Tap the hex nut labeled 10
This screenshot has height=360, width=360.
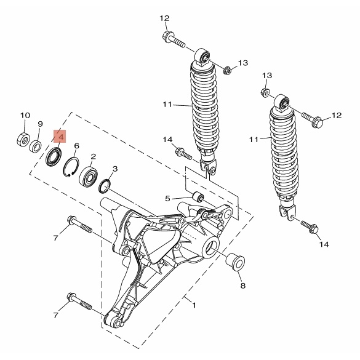23,138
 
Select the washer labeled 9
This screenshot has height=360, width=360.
36,146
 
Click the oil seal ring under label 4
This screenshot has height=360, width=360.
54,157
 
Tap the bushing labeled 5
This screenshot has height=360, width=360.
198,197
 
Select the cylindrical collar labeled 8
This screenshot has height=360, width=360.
235,262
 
